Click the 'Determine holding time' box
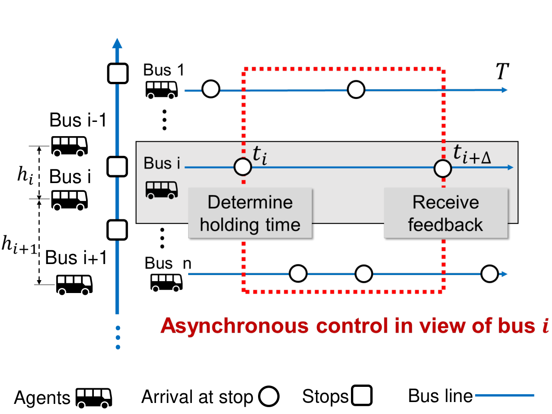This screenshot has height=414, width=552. (250, 213)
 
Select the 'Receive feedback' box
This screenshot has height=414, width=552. (445, 213)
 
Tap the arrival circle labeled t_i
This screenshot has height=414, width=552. (243, 167)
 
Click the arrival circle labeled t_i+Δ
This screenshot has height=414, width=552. (443, 168)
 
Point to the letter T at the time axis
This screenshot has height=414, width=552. (502, 71)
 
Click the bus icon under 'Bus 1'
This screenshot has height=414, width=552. (162, 90)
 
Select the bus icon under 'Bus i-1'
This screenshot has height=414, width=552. (69, 146)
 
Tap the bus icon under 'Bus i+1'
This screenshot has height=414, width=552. (74, 285)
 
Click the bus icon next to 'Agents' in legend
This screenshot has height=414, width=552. (94, 398)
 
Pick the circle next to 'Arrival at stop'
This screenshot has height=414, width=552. (269, 397)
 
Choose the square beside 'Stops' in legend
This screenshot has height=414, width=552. (362, 396)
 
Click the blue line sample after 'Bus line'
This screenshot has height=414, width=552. (505, 396)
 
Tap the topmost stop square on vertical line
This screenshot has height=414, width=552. (118, 73)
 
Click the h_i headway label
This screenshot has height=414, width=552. (25, 175)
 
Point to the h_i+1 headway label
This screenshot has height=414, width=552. (19, 245)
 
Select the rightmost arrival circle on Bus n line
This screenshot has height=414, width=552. (489, 274)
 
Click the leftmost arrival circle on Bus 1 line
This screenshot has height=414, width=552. (211, 89)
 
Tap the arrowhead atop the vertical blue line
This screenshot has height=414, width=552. (117, 43)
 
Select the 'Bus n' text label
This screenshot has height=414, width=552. (168, 263)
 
